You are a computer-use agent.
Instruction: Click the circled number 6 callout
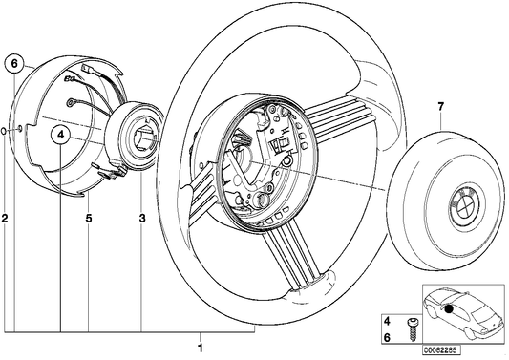[14, 64]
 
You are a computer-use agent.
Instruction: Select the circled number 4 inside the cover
[60, 136]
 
